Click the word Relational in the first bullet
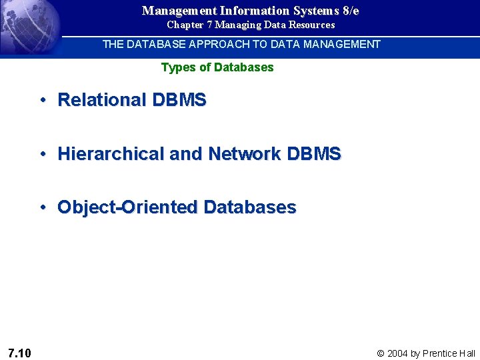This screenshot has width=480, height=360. coord(102,100)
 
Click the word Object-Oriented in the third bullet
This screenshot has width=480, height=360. coord(127,207)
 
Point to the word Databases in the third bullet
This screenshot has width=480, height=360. coord(250,207)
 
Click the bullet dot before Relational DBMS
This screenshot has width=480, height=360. coord(41,100)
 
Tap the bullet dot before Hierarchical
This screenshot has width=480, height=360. coord(41,154)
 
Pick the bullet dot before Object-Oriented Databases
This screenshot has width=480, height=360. coord(41,207)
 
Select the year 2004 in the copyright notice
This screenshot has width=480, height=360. coord(397,353)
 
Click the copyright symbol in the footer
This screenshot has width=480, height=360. coord(381,353)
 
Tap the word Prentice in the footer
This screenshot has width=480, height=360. coord(440,353)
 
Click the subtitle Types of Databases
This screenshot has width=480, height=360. coord(217,67)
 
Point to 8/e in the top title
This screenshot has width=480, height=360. coord(349,11)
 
